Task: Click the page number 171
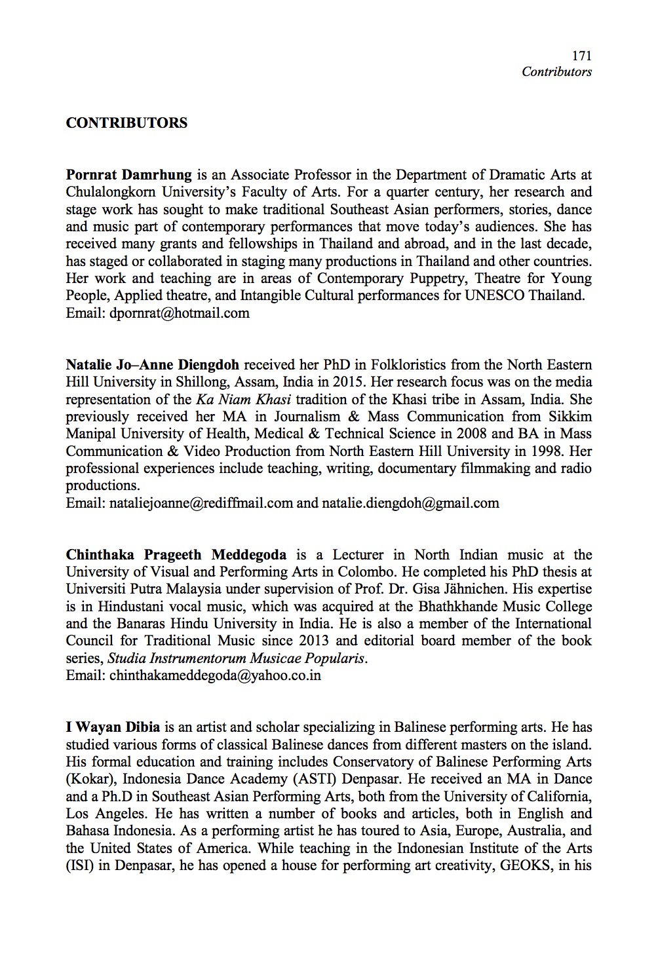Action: click(581, 57)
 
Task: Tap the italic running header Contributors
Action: click(556, 72)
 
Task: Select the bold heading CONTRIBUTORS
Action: click(126, 123)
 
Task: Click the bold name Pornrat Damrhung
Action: click(128, 175)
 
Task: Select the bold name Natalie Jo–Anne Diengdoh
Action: click(152, 365)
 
